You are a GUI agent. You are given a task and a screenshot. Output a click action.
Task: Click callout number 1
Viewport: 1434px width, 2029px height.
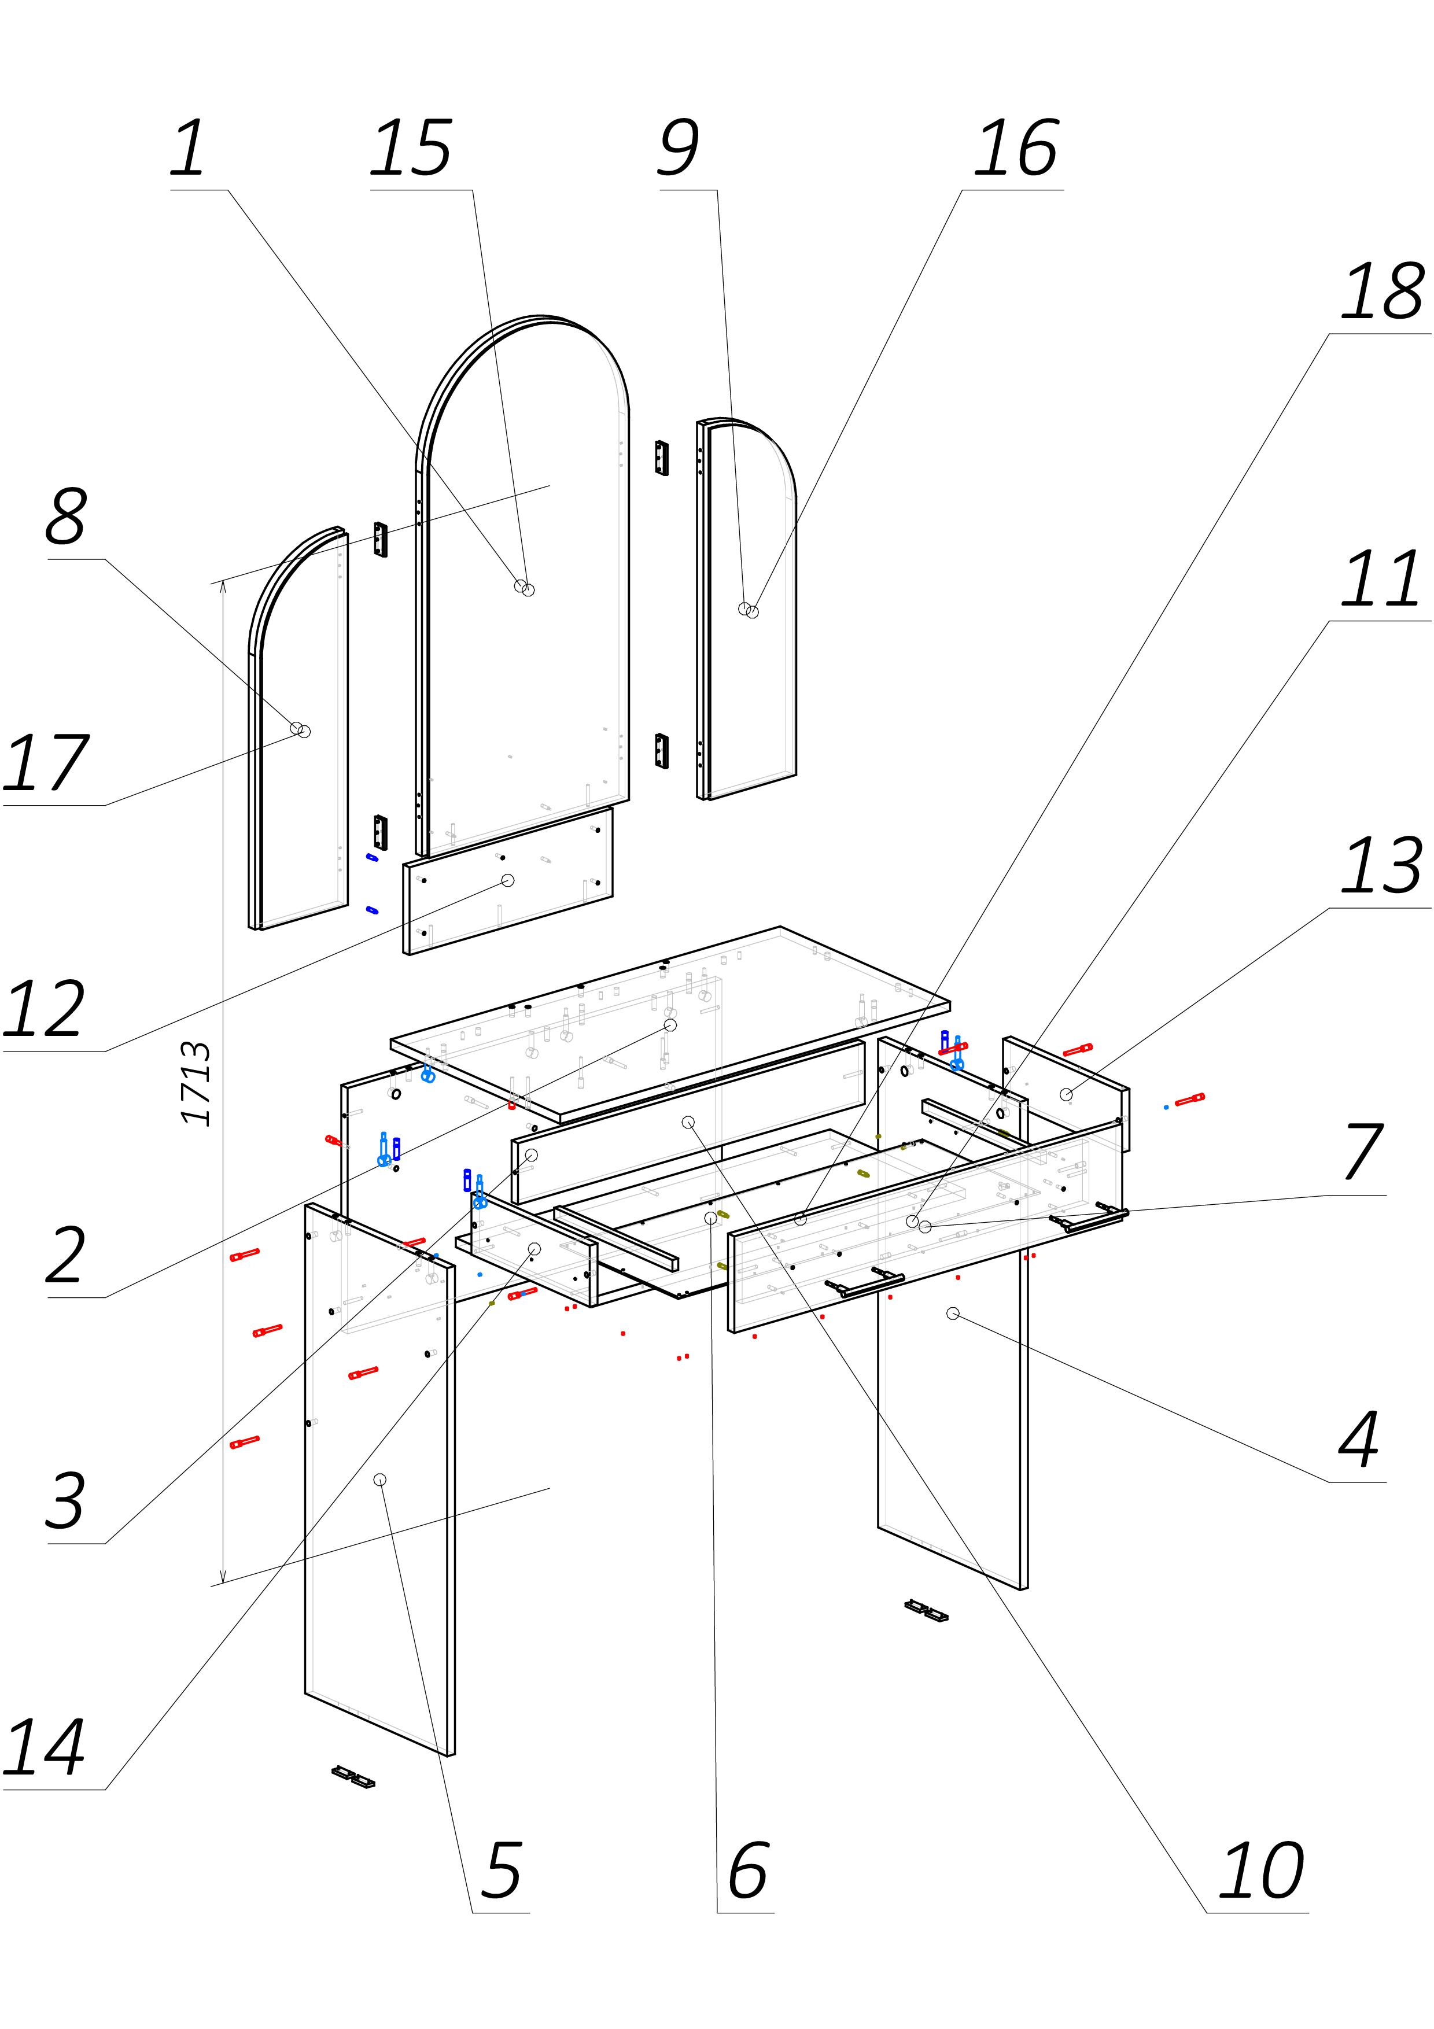point(188,149)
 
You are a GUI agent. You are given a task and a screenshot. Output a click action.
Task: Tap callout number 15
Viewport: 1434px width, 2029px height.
point(411,149)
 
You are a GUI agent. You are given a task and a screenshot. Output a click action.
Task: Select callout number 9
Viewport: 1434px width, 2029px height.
point(679,149)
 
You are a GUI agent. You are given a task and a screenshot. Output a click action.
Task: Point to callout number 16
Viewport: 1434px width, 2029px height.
point(1016,149)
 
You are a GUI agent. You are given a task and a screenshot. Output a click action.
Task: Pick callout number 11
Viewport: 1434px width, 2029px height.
point(1381,580)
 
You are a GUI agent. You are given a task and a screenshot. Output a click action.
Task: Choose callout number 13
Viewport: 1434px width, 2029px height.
point(1383,866)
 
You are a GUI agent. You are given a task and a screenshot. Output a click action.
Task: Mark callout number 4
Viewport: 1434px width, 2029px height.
point(1359,1438)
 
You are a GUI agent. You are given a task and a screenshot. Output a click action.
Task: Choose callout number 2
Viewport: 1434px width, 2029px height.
point(65,1255)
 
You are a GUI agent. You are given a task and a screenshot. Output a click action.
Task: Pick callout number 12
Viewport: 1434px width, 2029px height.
point(44,1009)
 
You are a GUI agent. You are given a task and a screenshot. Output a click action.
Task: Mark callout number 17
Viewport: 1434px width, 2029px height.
point(46,763)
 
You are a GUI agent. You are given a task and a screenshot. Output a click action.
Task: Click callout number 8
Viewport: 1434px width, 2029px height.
point(67,517)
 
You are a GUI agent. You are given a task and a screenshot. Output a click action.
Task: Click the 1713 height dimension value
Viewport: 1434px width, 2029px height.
point(196,1083)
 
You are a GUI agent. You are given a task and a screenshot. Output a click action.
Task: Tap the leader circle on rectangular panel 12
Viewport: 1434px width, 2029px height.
point(507,880)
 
